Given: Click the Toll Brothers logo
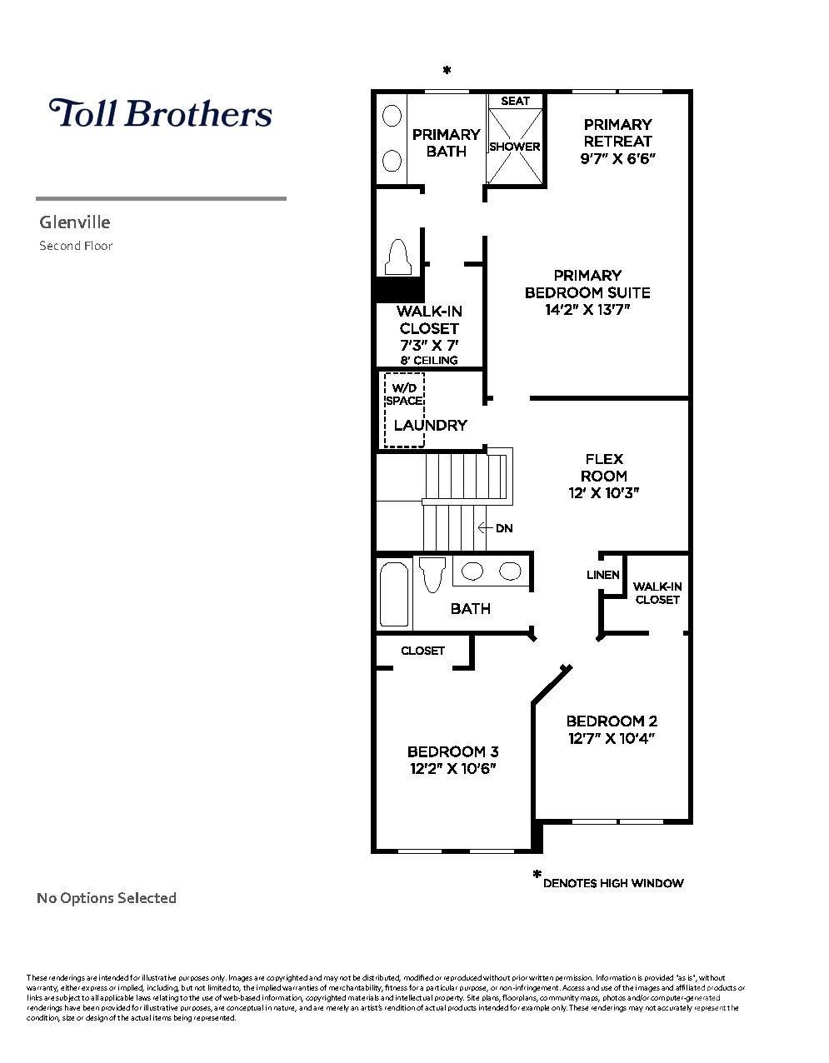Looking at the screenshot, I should point(161,113).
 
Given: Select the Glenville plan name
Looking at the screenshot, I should point(75,222).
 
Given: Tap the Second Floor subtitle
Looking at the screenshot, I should point(76,246).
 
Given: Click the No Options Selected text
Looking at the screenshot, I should point(107,898).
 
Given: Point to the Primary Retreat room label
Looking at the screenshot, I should point(617,132).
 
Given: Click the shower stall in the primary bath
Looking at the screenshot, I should point(515,147).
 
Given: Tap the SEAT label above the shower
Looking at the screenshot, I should point(515,101).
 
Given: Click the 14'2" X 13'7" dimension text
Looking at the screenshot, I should point(587,310).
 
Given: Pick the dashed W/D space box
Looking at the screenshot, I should point(404,410).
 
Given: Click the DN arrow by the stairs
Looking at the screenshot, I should point(496,528).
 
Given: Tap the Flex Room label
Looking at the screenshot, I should point(604,467).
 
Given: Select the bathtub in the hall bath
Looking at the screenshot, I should point(394,595).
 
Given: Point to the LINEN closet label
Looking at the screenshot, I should point(602,575).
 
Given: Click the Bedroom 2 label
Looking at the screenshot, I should point(612,721).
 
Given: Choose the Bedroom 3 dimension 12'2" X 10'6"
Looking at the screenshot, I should point(452,769).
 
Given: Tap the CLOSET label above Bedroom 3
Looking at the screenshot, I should point(422,651).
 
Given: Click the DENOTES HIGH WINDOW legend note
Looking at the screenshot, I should point(612,883).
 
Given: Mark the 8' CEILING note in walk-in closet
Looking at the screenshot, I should point(428,361).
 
